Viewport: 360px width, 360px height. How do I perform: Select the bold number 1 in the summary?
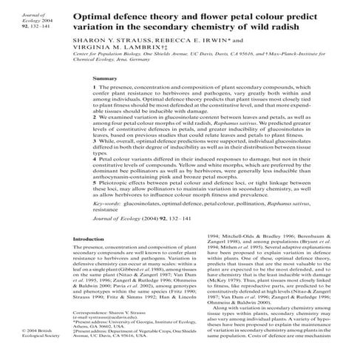click(95, 87)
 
